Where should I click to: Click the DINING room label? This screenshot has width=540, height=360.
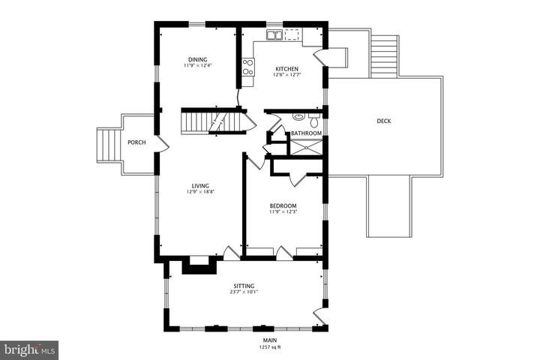(197, 59)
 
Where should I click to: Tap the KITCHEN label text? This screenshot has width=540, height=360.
(286, 67)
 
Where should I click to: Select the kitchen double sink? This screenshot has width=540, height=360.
(276, 34)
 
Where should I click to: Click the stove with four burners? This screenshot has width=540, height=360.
(247, 67)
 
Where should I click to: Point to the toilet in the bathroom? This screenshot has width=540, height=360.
(313, 119)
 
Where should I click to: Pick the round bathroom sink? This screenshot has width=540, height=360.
(298, 117)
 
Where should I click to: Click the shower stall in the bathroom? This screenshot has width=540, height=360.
(305, 147)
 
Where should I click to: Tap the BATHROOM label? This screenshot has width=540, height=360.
(306, 133)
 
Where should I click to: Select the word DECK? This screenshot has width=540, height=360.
(383, 121)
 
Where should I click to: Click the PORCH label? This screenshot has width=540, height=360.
(136, 142)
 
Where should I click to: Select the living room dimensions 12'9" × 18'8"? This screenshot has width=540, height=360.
(200, 192)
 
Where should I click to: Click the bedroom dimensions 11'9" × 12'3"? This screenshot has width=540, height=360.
(283, 212)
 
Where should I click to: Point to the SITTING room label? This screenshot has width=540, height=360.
(244, 286)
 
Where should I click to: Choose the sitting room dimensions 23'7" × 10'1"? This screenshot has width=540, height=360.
(244, 292)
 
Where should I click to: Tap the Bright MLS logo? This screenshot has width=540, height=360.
(29, 349)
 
